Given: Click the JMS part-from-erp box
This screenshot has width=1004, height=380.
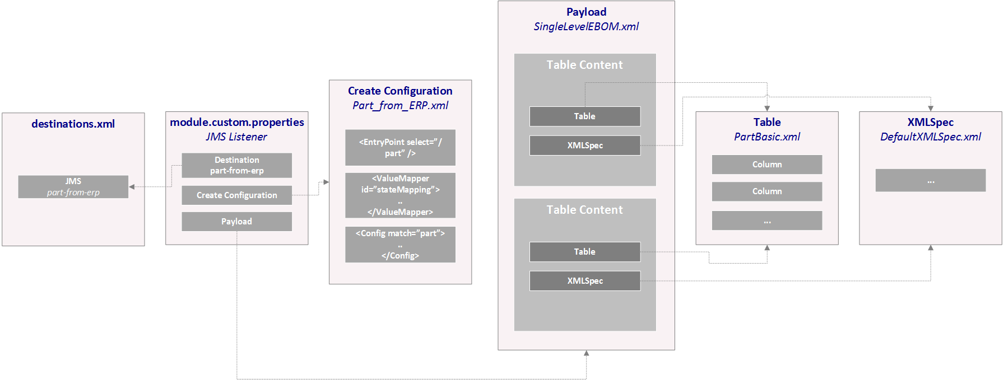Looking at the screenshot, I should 73,187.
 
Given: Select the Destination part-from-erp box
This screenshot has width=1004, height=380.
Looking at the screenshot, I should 236,165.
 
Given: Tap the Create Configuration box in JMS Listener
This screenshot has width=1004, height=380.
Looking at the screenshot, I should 236,195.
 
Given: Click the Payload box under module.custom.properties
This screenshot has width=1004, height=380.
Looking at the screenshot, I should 236,222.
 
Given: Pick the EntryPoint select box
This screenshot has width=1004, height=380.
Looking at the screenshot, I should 400,148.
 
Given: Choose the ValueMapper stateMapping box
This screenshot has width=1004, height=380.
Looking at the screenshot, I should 400,195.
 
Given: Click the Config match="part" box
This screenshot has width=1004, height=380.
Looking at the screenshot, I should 400,245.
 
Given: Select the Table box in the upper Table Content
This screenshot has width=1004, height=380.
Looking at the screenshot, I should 584,116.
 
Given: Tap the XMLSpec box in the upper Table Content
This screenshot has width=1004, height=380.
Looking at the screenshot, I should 584,146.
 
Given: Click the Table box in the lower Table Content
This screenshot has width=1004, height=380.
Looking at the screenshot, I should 584,252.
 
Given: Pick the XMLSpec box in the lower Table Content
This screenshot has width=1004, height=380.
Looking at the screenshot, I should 584,281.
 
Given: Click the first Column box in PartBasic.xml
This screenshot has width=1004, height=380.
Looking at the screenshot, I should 766,165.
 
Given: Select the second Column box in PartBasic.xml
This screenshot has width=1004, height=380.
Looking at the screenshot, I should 766,191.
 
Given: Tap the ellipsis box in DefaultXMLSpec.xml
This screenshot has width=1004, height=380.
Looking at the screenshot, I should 930,181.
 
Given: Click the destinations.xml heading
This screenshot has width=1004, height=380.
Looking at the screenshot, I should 73,124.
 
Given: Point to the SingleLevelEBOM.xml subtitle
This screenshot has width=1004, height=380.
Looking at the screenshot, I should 586,26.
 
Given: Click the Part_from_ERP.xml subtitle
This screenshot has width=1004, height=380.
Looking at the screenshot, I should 400,105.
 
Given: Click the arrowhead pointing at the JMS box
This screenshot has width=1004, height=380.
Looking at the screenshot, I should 132,187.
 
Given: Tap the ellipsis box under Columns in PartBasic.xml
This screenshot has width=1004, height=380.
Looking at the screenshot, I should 766,221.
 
